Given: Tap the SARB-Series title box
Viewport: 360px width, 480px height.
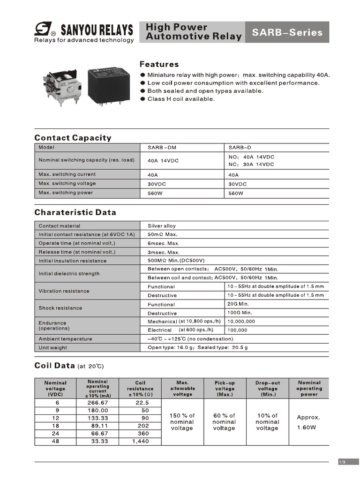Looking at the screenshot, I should point(287,32).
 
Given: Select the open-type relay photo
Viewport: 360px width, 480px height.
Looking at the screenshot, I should point(63,87).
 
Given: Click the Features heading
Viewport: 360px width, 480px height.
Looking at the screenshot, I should point(159,64).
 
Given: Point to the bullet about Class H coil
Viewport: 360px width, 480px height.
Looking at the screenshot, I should point(181,99).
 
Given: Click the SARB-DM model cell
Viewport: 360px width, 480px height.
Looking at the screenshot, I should point(162,147).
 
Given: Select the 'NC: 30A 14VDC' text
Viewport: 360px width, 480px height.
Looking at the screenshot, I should point(251,165).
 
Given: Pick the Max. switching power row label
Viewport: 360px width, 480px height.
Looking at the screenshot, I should point(66,193).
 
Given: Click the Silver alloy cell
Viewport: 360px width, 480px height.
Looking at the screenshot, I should point(162,226).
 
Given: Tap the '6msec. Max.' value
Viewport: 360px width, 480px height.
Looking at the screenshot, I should point(164,243).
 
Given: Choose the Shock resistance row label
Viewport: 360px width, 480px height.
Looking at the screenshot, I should point(60,308).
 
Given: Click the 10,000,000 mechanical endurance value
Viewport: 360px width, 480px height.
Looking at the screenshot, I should point(241,322).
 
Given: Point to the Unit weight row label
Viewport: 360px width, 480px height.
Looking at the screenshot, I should point(52,348).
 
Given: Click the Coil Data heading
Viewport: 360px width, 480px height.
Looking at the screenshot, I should point(52,366).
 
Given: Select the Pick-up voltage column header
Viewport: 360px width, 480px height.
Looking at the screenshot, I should point(225,389).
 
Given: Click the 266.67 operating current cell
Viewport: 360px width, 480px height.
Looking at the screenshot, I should point(98,403).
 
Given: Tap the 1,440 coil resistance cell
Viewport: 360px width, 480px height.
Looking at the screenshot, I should point(140,441).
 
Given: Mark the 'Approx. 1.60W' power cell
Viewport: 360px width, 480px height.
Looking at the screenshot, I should point(308,422).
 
